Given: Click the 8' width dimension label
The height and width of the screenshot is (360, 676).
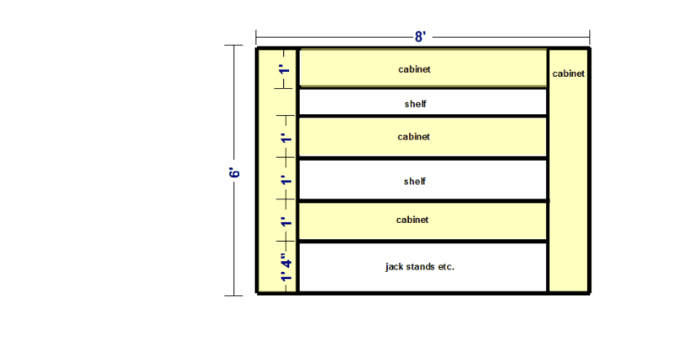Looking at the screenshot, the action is coord(420,37).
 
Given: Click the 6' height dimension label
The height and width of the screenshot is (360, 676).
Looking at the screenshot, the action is coord(234,172).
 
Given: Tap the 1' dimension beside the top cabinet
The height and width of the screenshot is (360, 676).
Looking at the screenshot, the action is coord(285,69).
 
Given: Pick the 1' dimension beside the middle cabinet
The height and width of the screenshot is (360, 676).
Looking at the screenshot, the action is coord(286,139).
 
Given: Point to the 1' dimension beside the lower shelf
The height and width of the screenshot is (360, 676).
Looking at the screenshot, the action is coord(286,180).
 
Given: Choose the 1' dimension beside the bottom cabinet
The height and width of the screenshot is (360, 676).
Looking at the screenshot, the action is coord(286,221).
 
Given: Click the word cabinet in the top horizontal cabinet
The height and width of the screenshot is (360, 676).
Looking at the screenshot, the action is coord(414,69).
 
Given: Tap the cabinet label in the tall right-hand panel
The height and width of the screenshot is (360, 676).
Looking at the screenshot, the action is coord(569,74).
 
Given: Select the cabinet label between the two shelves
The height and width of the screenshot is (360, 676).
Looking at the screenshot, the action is coord(414,137).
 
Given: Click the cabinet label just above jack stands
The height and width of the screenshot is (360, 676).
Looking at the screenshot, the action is coord(412,220).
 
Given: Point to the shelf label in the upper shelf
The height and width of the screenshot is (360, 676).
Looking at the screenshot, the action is coord(416,104).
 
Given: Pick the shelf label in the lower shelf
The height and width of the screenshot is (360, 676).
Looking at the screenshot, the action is coord(415,181).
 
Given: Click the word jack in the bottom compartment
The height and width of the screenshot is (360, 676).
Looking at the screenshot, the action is coord(395,267).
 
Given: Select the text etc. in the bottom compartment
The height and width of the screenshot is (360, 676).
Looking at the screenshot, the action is coord(446,267).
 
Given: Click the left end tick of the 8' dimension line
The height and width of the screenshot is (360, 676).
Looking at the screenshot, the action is coord(256,37).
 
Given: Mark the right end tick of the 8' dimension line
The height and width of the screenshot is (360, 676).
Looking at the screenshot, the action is coord(589,37).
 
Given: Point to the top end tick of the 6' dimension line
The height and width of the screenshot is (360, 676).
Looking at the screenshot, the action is coord(234,45).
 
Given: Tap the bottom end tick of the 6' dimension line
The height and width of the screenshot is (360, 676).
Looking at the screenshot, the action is coord(234,296).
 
